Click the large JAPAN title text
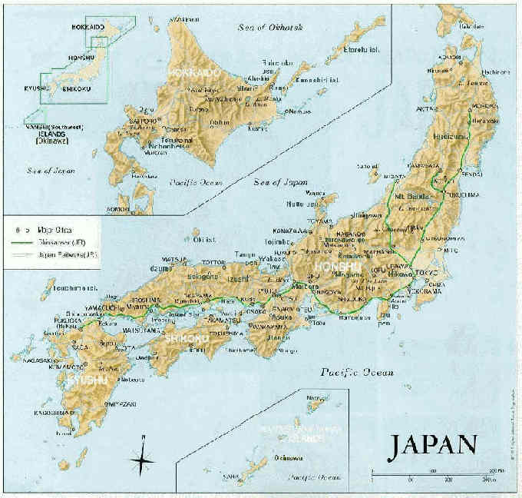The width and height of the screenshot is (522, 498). pos(434,447)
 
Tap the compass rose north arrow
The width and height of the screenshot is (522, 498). pos(143,459)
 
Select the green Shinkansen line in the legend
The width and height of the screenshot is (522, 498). pos(22,241)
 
